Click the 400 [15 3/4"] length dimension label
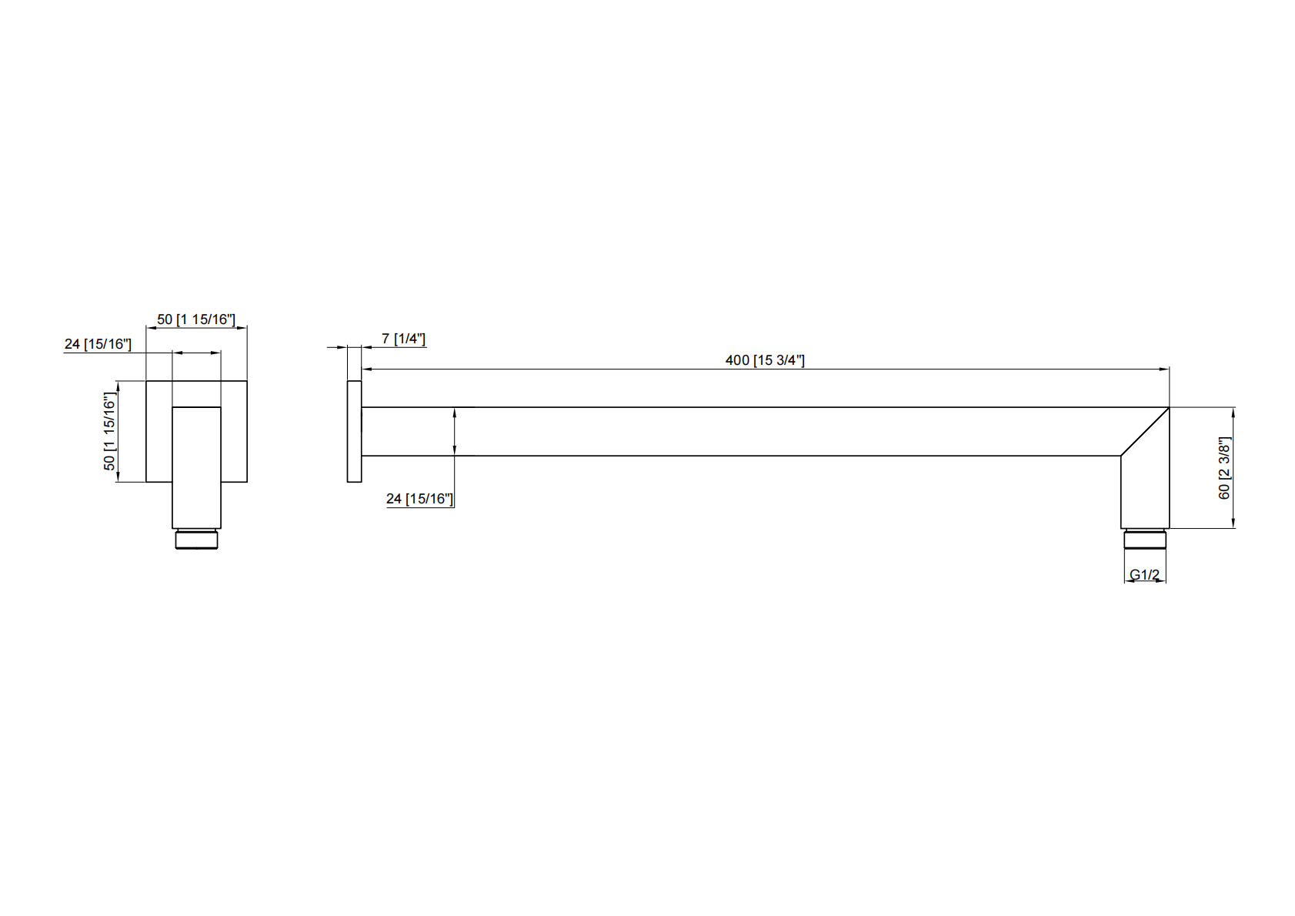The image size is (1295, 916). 764,360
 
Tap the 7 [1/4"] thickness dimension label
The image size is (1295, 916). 403,339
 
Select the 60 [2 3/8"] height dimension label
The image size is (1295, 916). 1224,468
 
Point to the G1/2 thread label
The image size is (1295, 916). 1144,574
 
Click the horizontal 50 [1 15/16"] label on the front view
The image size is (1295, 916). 196,319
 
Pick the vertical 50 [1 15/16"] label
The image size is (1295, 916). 109,432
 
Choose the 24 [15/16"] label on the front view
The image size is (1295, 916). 98,344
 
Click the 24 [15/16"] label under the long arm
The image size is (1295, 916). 419,499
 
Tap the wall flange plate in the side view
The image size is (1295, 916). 354,431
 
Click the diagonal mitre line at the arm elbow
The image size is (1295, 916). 1145,431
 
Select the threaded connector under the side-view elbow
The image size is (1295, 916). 1145,539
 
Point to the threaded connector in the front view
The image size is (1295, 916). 196,539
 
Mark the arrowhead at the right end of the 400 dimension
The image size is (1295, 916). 1165,369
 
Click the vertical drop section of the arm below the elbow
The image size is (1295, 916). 1145,496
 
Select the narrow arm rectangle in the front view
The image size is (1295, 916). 196,466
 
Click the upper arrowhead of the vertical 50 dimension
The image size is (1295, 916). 118,386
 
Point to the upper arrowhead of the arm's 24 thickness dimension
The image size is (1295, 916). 455,413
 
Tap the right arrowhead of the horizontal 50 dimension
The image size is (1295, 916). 242,328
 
